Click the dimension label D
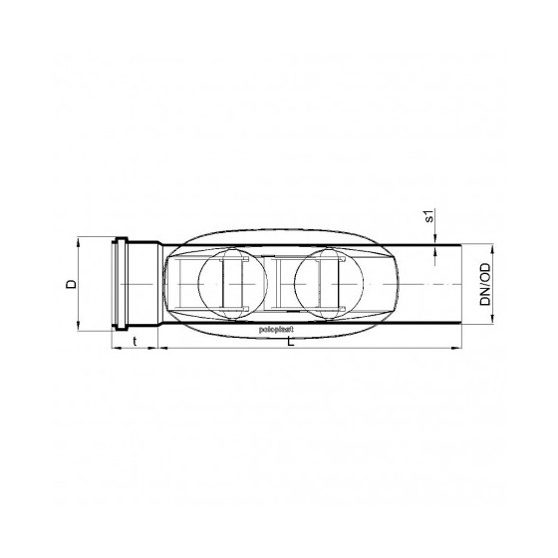click(71, 285)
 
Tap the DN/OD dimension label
click(484, 284)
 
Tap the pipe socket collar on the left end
click(124, 284)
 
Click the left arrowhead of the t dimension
click(110, 348)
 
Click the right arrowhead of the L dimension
click(457, 348)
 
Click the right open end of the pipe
click(460, 284)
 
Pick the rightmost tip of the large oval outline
click(404, 284)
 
